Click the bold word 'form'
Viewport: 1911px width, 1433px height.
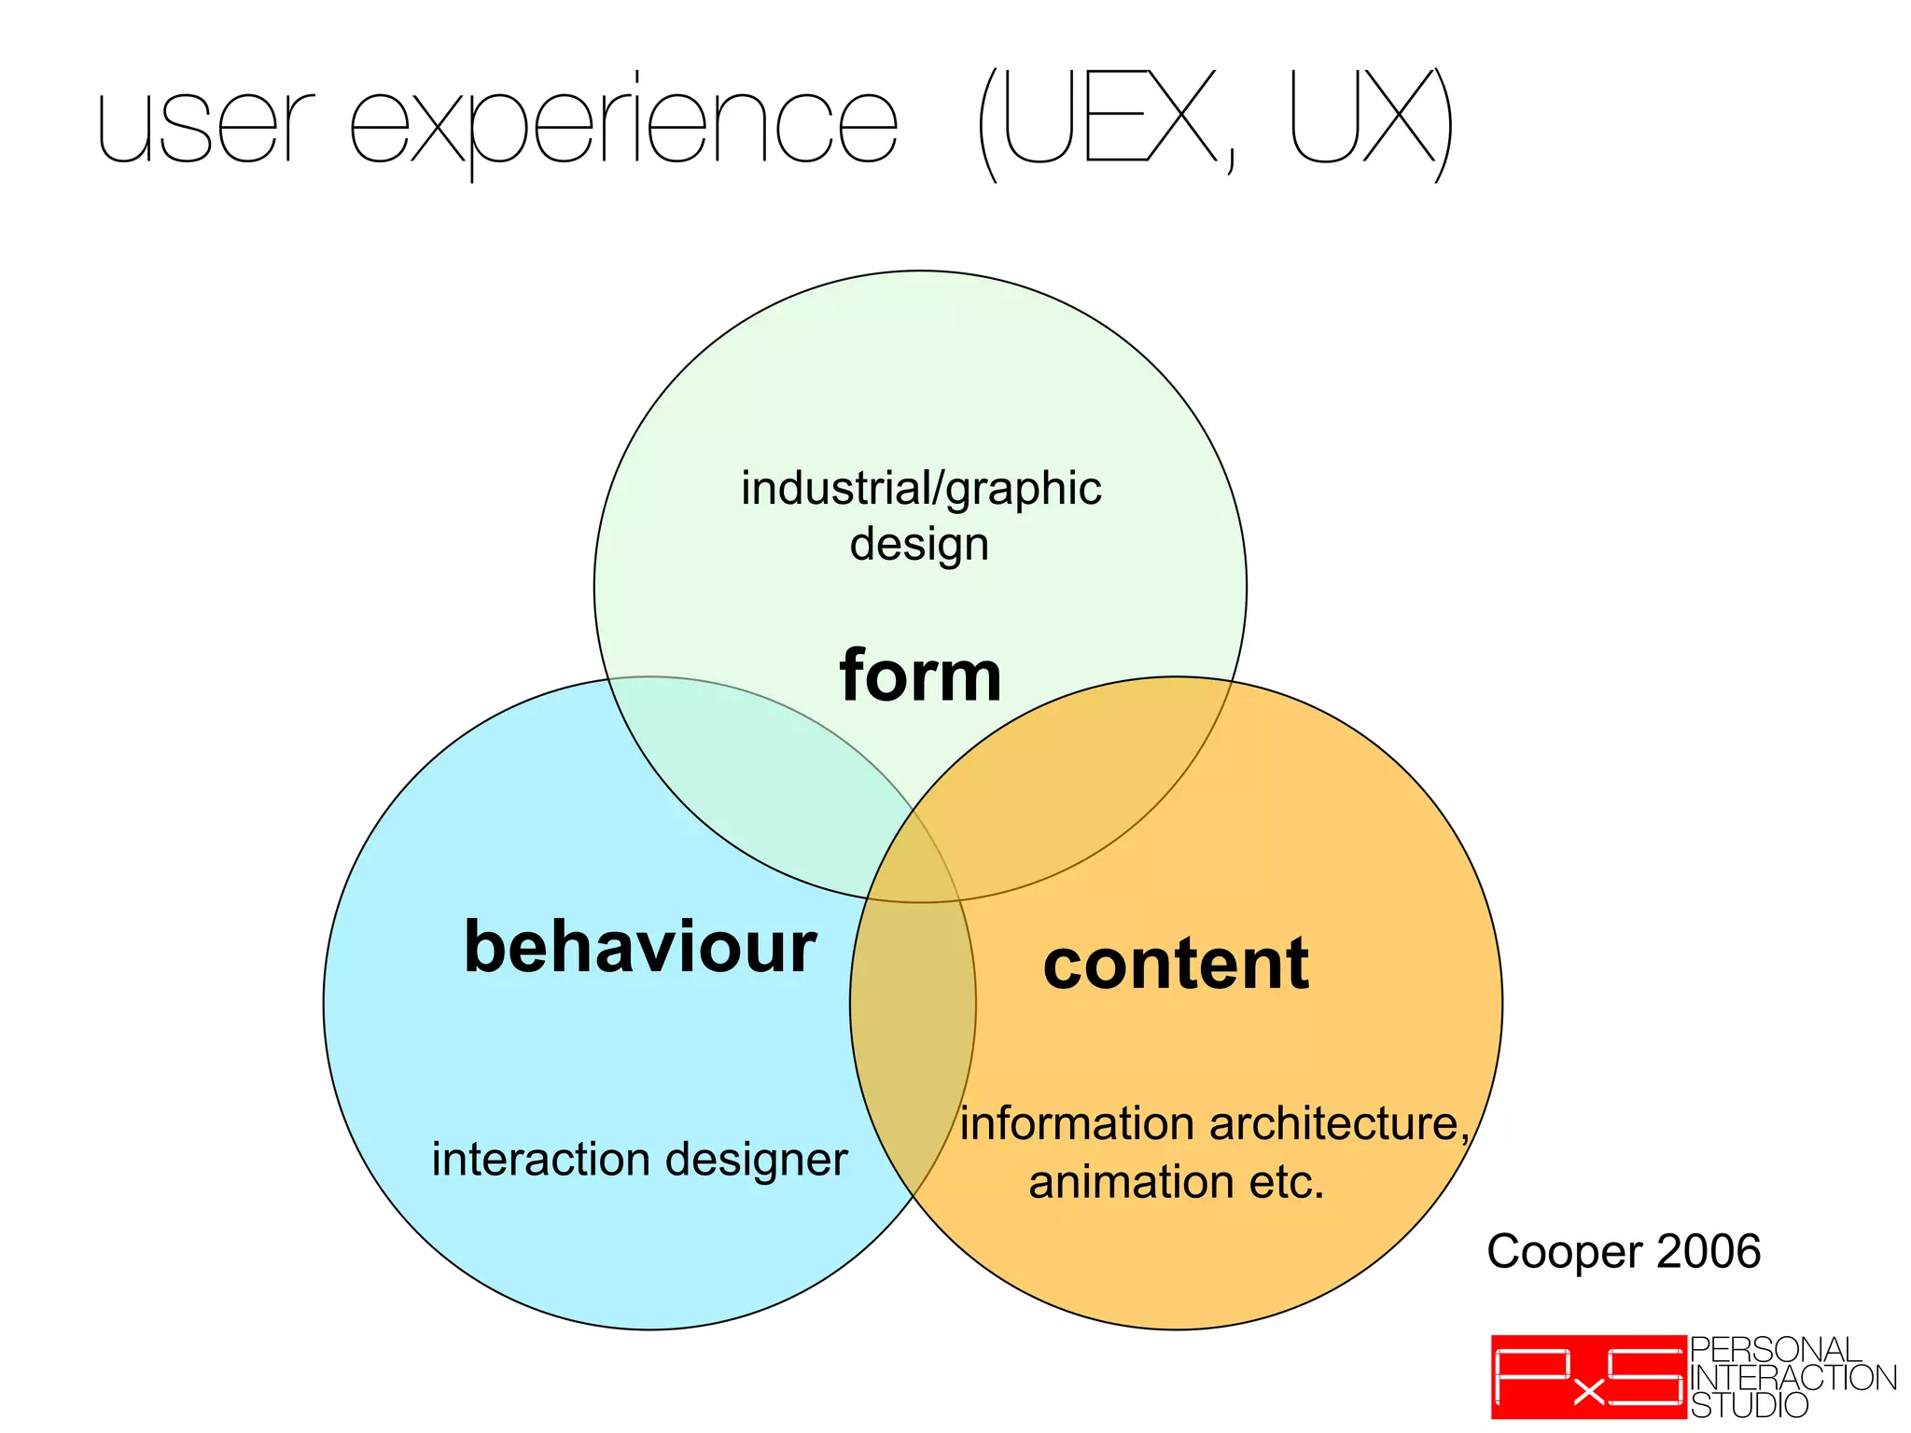[920, 675]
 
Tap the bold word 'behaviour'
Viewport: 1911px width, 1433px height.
[640, 947]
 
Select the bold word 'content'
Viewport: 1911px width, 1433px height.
[1176, 964]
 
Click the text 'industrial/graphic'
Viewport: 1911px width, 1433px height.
[921, 489]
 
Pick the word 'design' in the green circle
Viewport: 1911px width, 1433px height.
[919, 544]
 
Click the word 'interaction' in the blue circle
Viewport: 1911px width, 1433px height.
[541, 1160]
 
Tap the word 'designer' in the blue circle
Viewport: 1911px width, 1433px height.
[757, 1160]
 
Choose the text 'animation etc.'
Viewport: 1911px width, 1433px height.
[1176, 1182]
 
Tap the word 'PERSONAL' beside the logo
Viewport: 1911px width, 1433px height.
[1775, 1350]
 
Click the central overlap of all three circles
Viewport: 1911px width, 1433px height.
[910, 863]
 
